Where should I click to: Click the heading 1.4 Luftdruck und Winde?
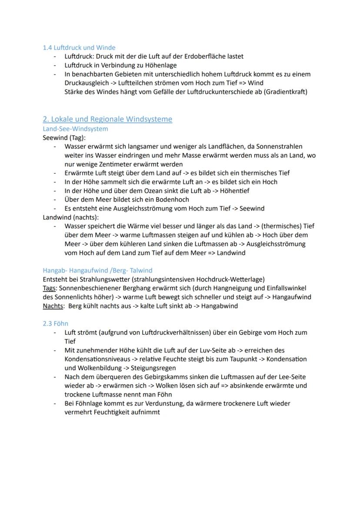pos(79,47)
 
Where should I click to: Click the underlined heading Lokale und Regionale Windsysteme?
pos(107,119)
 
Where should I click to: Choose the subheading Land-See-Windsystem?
pos(75,129)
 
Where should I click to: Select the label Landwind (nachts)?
pos(71,217)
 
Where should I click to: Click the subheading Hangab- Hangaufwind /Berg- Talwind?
pos(97,270)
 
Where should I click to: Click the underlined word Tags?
pos(49,288)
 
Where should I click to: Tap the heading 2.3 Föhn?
pos(55,324)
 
